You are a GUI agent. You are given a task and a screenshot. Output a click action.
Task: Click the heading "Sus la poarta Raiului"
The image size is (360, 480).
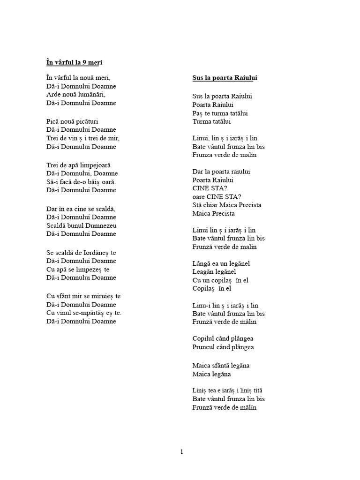tap(225, 78)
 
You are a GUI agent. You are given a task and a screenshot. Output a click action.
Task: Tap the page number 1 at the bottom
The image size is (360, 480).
tap(181, 452)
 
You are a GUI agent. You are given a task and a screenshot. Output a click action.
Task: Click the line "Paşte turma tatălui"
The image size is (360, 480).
tap(220, 113)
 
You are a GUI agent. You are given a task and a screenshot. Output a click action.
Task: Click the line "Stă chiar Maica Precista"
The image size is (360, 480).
tap(227, 205)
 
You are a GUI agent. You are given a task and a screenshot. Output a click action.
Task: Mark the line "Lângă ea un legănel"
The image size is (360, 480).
tap(221, 263)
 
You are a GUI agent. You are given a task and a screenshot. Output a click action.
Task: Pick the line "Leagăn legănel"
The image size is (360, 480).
tap(214, 272)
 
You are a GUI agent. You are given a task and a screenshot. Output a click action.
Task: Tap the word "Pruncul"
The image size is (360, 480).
tap(204, 347)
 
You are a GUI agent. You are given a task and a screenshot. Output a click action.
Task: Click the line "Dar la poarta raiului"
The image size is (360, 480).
tap(221, 172)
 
